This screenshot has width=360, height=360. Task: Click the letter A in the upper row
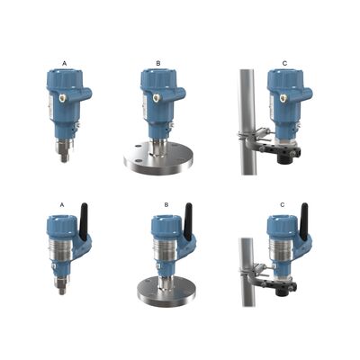tap(64, 61)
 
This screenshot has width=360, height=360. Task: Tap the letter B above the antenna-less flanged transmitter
tap(157, 63)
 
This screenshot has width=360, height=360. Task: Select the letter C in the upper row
tap(285, 62)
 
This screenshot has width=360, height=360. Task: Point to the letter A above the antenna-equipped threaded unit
tap(62, 204)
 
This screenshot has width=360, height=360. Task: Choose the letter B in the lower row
tap(166, 204)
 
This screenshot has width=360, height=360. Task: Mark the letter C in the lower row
tap(283, 204)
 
